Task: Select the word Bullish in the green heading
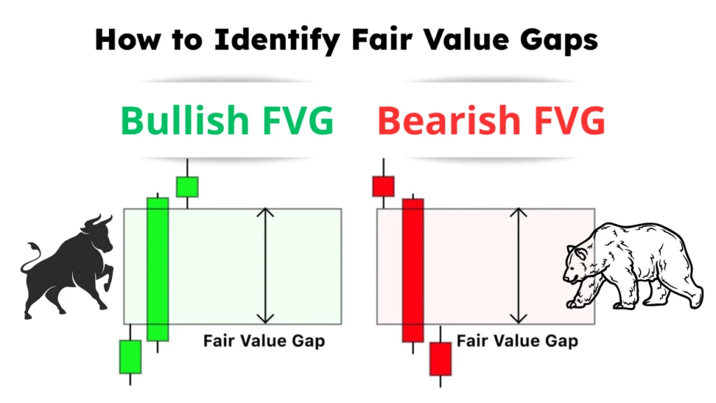click(x=180, y=120)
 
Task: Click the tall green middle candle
click(x=158, y=269)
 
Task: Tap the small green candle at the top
click(x=187, y=187)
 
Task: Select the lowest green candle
click(x=130, y=357)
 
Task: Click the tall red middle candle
click(x=413, y=270)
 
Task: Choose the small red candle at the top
click(x=383, y=187)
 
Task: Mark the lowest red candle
click(x=440, y=358)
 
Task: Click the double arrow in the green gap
click(x=265, y=266)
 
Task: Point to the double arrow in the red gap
click(x=518, y=266)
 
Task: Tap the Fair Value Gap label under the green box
click(x=264, y=341)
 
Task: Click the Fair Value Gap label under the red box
click(x=517, y=341)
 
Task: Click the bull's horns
click(x=98, y=223)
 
